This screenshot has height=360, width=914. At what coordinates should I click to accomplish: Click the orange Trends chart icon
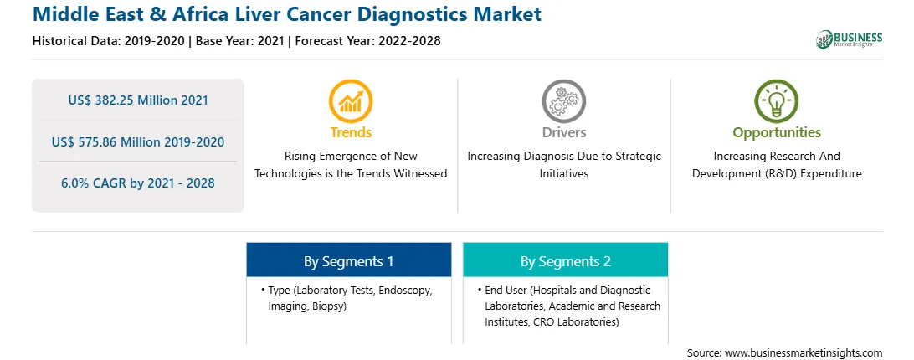(351, 101)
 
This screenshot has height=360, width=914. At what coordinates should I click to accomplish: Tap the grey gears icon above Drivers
(563, 101)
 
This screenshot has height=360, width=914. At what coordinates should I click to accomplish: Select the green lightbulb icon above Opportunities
(777, 101)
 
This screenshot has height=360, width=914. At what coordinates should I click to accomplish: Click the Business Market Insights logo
(849, 39)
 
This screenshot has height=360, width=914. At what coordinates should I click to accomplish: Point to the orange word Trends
(351, 132)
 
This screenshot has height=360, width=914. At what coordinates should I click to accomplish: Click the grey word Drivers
(563, 132)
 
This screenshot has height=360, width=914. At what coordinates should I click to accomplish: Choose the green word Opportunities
(777, 133)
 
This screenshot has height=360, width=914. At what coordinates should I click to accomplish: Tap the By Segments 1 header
(348, 260)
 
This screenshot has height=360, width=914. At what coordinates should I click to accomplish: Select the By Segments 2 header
(566, 260)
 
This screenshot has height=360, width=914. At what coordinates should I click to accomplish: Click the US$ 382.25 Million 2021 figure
(138, 100)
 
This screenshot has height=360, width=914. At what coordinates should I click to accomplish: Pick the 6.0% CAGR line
(138, 183)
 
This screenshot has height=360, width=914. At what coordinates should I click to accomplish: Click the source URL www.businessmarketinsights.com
(804, 353)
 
